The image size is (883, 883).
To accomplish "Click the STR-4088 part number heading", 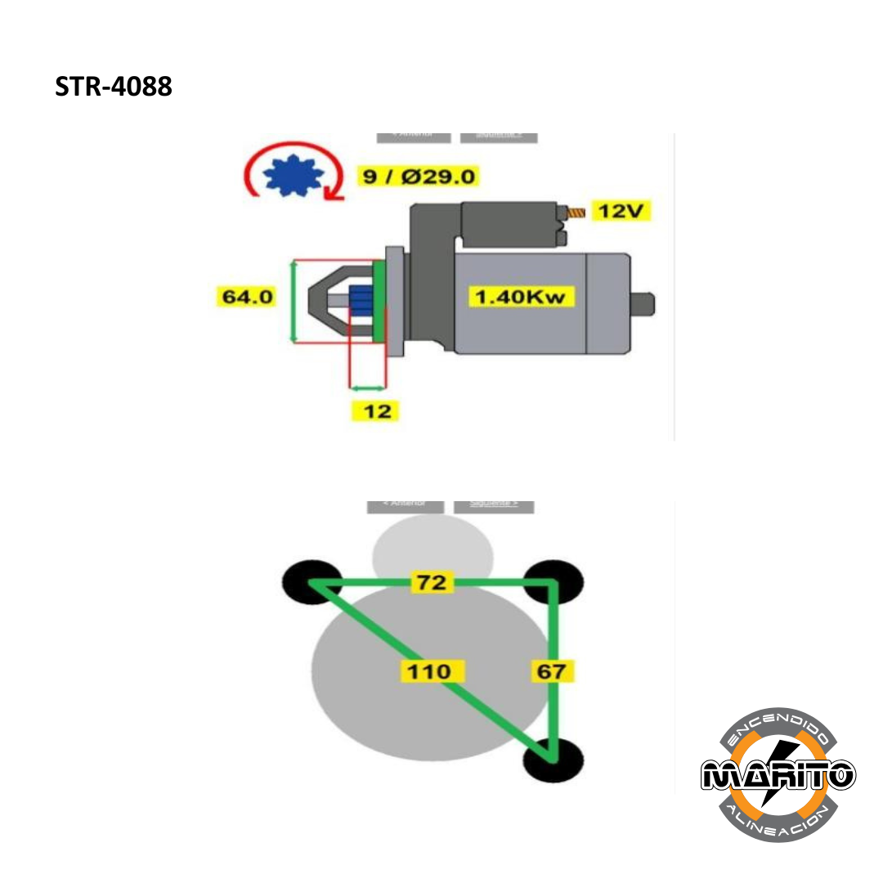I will (x=114, y=87).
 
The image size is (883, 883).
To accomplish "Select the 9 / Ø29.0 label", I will (x=419, y=176).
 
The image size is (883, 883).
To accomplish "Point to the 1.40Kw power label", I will (x=521, y=296).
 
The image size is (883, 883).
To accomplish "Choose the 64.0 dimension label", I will (x=248, y=296).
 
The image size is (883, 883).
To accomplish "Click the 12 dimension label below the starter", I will (x=377, y=410).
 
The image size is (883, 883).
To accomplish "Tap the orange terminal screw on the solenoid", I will (x=576, y=213).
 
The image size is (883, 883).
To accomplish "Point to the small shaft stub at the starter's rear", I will (x=644, y=303).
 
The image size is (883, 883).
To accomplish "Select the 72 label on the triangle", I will (x=431, y=582).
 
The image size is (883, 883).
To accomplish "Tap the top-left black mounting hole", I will (x=312, y=581).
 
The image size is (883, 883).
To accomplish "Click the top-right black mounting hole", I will (x=554, y=581).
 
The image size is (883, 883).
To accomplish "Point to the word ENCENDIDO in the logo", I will (x=778, y=724).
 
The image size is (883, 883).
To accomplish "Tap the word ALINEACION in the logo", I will (x=778, y=822).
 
